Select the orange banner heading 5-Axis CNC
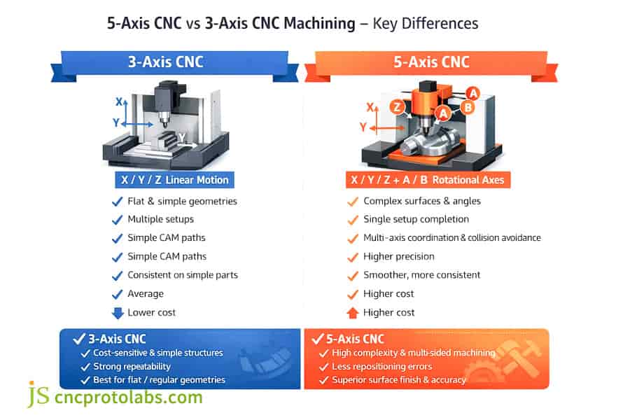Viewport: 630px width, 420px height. [x=430, y=62]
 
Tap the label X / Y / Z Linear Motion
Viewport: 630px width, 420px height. [x=174, y=180]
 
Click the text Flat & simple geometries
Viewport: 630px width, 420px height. [x=182, y=202]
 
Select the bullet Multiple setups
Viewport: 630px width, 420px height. [x=160, y=220]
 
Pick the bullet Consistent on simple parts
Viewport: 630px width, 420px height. [x=182, y=275]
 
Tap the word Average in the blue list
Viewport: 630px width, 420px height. [x=146, y=294]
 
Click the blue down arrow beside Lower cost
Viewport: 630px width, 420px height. [x=117, y=312]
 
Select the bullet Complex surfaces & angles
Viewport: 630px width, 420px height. [x=422, y=202]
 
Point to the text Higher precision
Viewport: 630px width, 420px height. [x=399, y=257]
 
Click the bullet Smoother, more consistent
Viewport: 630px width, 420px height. [x=421, y=275]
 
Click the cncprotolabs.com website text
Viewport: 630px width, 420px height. [x=129, y=398]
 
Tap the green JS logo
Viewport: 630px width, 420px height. [x=38, y=395]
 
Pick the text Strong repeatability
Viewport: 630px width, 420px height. [x=132, y=366]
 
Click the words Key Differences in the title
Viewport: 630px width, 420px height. [x=426, y=23]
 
